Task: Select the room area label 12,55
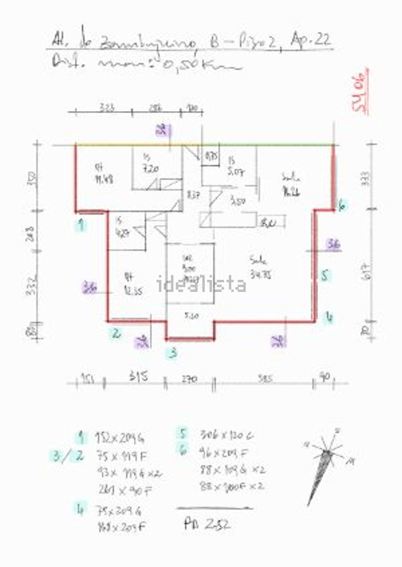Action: click(x=133, y=291)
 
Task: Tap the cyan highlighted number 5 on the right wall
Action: click(x=325, y=275)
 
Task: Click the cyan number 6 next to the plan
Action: click(x=342, y=206)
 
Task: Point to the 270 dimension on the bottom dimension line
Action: click(x=189, y=379)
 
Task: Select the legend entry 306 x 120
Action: click(x=226, y=435)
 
